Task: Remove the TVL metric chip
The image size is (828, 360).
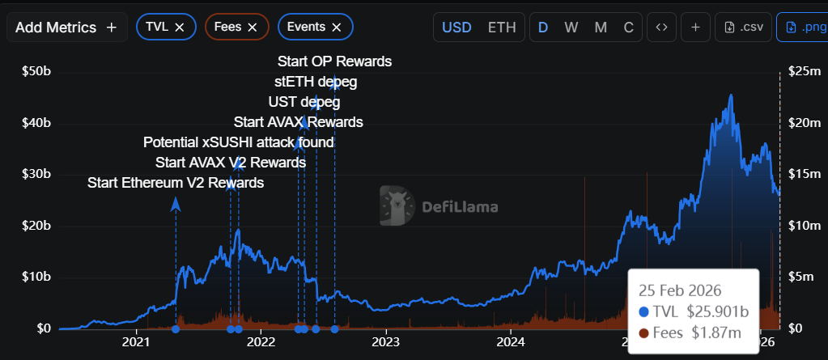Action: (180, 28)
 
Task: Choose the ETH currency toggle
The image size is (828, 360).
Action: (502, 28)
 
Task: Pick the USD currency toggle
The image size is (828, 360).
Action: (456, 28)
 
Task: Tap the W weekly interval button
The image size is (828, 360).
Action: (571, 28)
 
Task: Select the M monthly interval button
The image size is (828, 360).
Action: (601, 28)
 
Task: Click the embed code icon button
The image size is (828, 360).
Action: (661, 28)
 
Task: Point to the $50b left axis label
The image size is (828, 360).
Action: (36, 72)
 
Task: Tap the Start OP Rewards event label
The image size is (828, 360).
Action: (334, 61)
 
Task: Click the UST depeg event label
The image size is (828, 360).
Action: (304, 103)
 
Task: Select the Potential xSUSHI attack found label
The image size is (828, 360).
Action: (239, 142)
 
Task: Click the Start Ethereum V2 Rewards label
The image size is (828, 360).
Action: (176, 183)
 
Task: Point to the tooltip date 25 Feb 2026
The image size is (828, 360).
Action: (680, 290)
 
